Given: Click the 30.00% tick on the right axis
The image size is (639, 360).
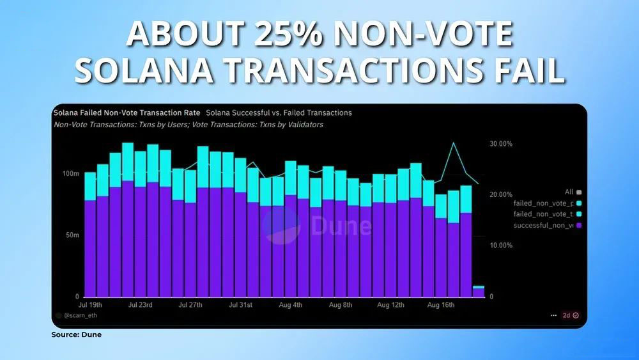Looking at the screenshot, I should [x=501, y=144].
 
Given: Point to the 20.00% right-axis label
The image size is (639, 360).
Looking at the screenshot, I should [x=501, y=194].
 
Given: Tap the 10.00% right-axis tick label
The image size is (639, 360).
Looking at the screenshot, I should [x=501, y=246].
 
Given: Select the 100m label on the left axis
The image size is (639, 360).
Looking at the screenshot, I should [x=70, y=174].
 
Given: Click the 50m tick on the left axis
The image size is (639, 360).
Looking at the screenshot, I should [x=72, y=235].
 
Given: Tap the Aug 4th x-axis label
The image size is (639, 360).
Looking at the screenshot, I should [x=291, y=305].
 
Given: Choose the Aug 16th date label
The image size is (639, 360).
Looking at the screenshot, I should [x=441, y=305].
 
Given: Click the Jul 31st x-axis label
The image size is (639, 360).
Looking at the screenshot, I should [x=240, y=305].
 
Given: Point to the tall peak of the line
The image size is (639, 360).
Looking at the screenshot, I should [x=454, y=143].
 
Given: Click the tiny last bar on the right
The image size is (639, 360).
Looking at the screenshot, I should [x=479, y=292].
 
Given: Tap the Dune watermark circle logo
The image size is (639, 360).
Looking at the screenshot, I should [x=281, y=226].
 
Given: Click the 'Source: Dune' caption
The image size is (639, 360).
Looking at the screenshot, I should [x=77, y=334].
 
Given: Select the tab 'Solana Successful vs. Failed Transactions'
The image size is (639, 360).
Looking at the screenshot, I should [x=279, y=113].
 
